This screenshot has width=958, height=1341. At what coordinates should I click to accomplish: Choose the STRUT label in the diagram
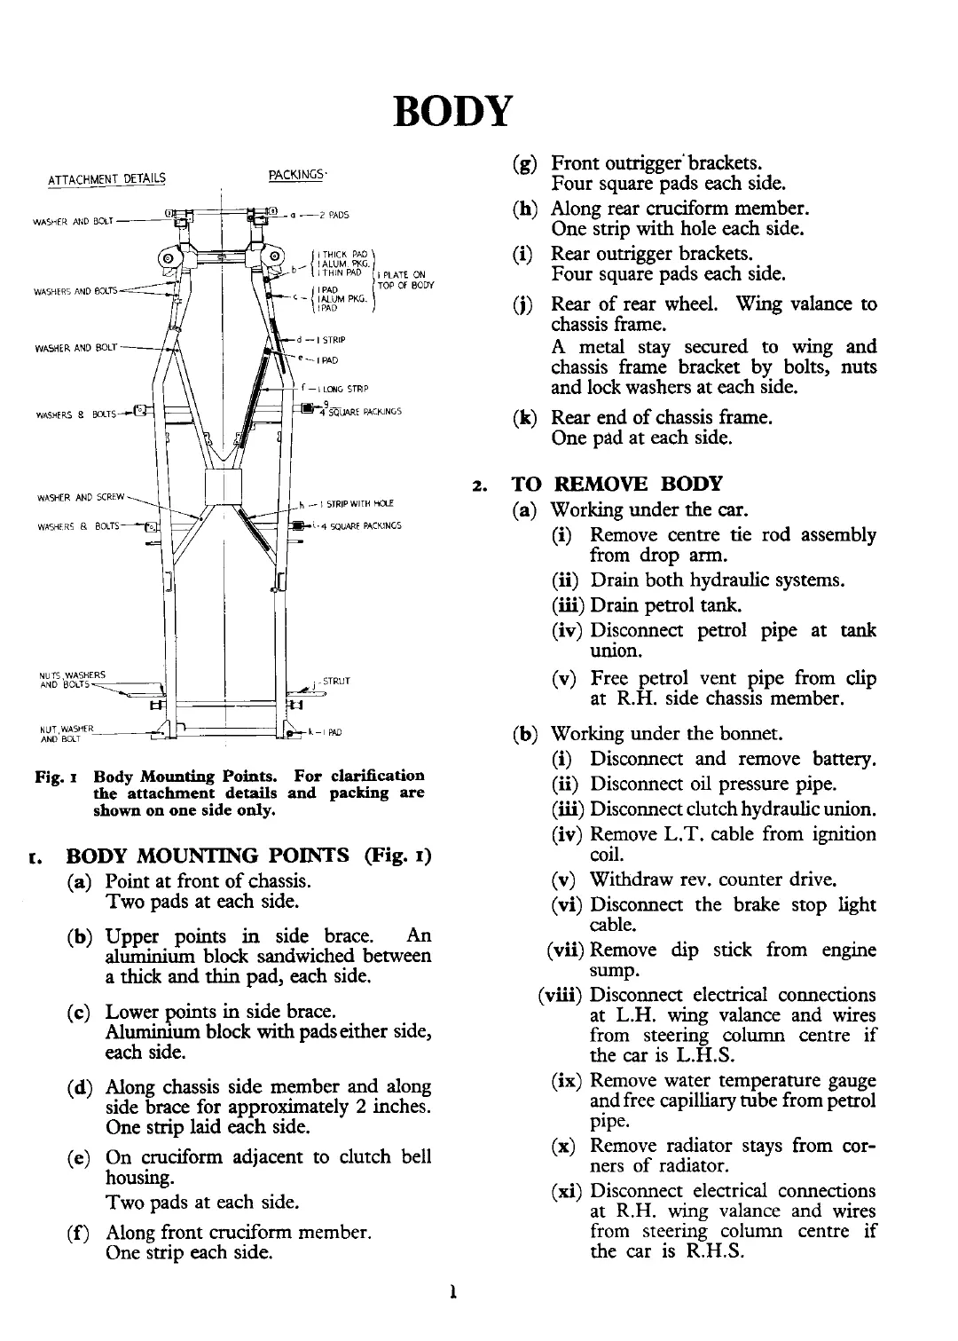point(337,681)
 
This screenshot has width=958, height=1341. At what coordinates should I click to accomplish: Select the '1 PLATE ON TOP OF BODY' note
point(404,280)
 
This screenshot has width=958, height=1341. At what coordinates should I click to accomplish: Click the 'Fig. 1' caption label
point(48,776)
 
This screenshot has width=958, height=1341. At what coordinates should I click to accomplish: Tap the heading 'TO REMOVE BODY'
point(617,484)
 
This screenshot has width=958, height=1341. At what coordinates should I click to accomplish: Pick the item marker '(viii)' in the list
point(560,995)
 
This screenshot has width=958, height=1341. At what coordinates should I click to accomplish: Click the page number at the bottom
point(453,1292)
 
